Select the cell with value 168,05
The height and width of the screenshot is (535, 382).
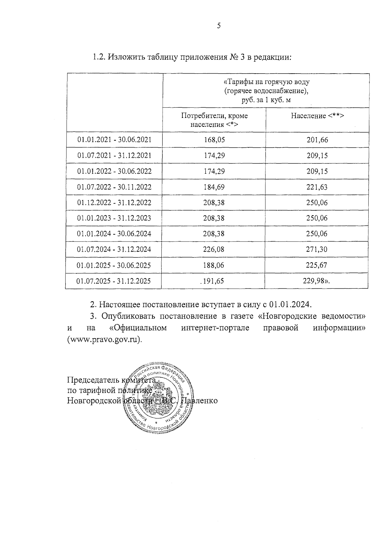[214, 140]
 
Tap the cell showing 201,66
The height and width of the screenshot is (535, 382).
[317, 140]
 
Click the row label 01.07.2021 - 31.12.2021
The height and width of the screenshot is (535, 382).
[114, 156]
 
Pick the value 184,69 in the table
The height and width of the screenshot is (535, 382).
[214, 187]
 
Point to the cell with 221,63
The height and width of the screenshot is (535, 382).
[317, 187]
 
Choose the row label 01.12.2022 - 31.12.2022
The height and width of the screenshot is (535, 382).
[114, 203]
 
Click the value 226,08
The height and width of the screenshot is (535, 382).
[214, 249]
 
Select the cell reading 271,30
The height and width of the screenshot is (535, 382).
[317, 249]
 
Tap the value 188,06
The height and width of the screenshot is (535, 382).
[214, 265]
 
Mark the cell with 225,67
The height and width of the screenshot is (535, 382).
[317, 265]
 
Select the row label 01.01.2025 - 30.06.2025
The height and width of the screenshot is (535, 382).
[114, 265]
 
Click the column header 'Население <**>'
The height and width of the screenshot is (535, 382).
[317, 116]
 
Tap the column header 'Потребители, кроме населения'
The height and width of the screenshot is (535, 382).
[214, 120]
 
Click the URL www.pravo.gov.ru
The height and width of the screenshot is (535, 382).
[104, 339]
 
